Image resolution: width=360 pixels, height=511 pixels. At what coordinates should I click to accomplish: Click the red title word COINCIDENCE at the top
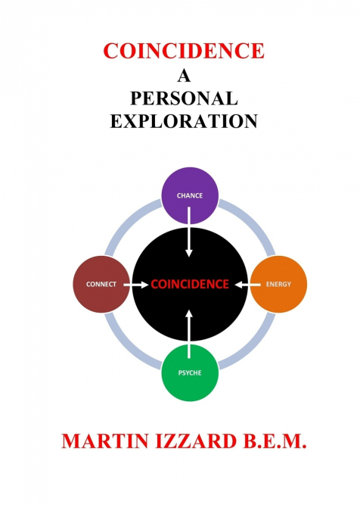[x=184, y=51]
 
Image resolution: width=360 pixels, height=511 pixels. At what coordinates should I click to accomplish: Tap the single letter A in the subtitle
[x=184, y=76]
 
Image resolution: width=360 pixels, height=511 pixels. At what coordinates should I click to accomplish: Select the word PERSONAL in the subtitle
[x=184, y=98]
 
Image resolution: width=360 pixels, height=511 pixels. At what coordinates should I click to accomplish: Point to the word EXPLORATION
[x=184, y=121]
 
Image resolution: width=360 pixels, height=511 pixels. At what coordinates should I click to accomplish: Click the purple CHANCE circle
[x=190, y=195]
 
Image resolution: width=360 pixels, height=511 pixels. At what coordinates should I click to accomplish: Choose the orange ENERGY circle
[x=278, y=284]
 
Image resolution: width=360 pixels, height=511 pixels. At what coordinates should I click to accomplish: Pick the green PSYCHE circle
[x=190, y=372]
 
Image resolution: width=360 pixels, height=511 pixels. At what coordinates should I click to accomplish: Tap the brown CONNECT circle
[x=101, y=284]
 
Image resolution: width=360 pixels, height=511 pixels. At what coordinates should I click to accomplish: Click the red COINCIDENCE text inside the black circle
[x=190, y=284]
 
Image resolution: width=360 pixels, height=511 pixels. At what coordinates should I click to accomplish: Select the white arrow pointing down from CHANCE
[x=189, y=232]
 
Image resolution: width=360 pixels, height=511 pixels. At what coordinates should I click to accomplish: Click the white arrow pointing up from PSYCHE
[x=189, y=335]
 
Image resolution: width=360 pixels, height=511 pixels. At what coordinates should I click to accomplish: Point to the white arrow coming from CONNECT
[x=135, y=285]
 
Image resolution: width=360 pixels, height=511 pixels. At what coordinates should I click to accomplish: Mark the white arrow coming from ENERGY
[x=248, y=285]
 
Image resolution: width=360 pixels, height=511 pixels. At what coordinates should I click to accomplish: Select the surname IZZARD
[x=196, y=441]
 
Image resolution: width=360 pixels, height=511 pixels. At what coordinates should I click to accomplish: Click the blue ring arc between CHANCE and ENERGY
[x=253, y=222]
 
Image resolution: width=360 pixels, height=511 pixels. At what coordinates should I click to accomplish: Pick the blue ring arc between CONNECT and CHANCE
[x=127, y=221]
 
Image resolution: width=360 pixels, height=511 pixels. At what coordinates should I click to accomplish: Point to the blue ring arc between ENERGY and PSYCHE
[x=253, y=347]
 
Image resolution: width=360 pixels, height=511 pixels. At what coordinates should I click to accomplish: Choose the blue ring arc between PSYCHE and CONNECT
[x=127, y=347]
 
